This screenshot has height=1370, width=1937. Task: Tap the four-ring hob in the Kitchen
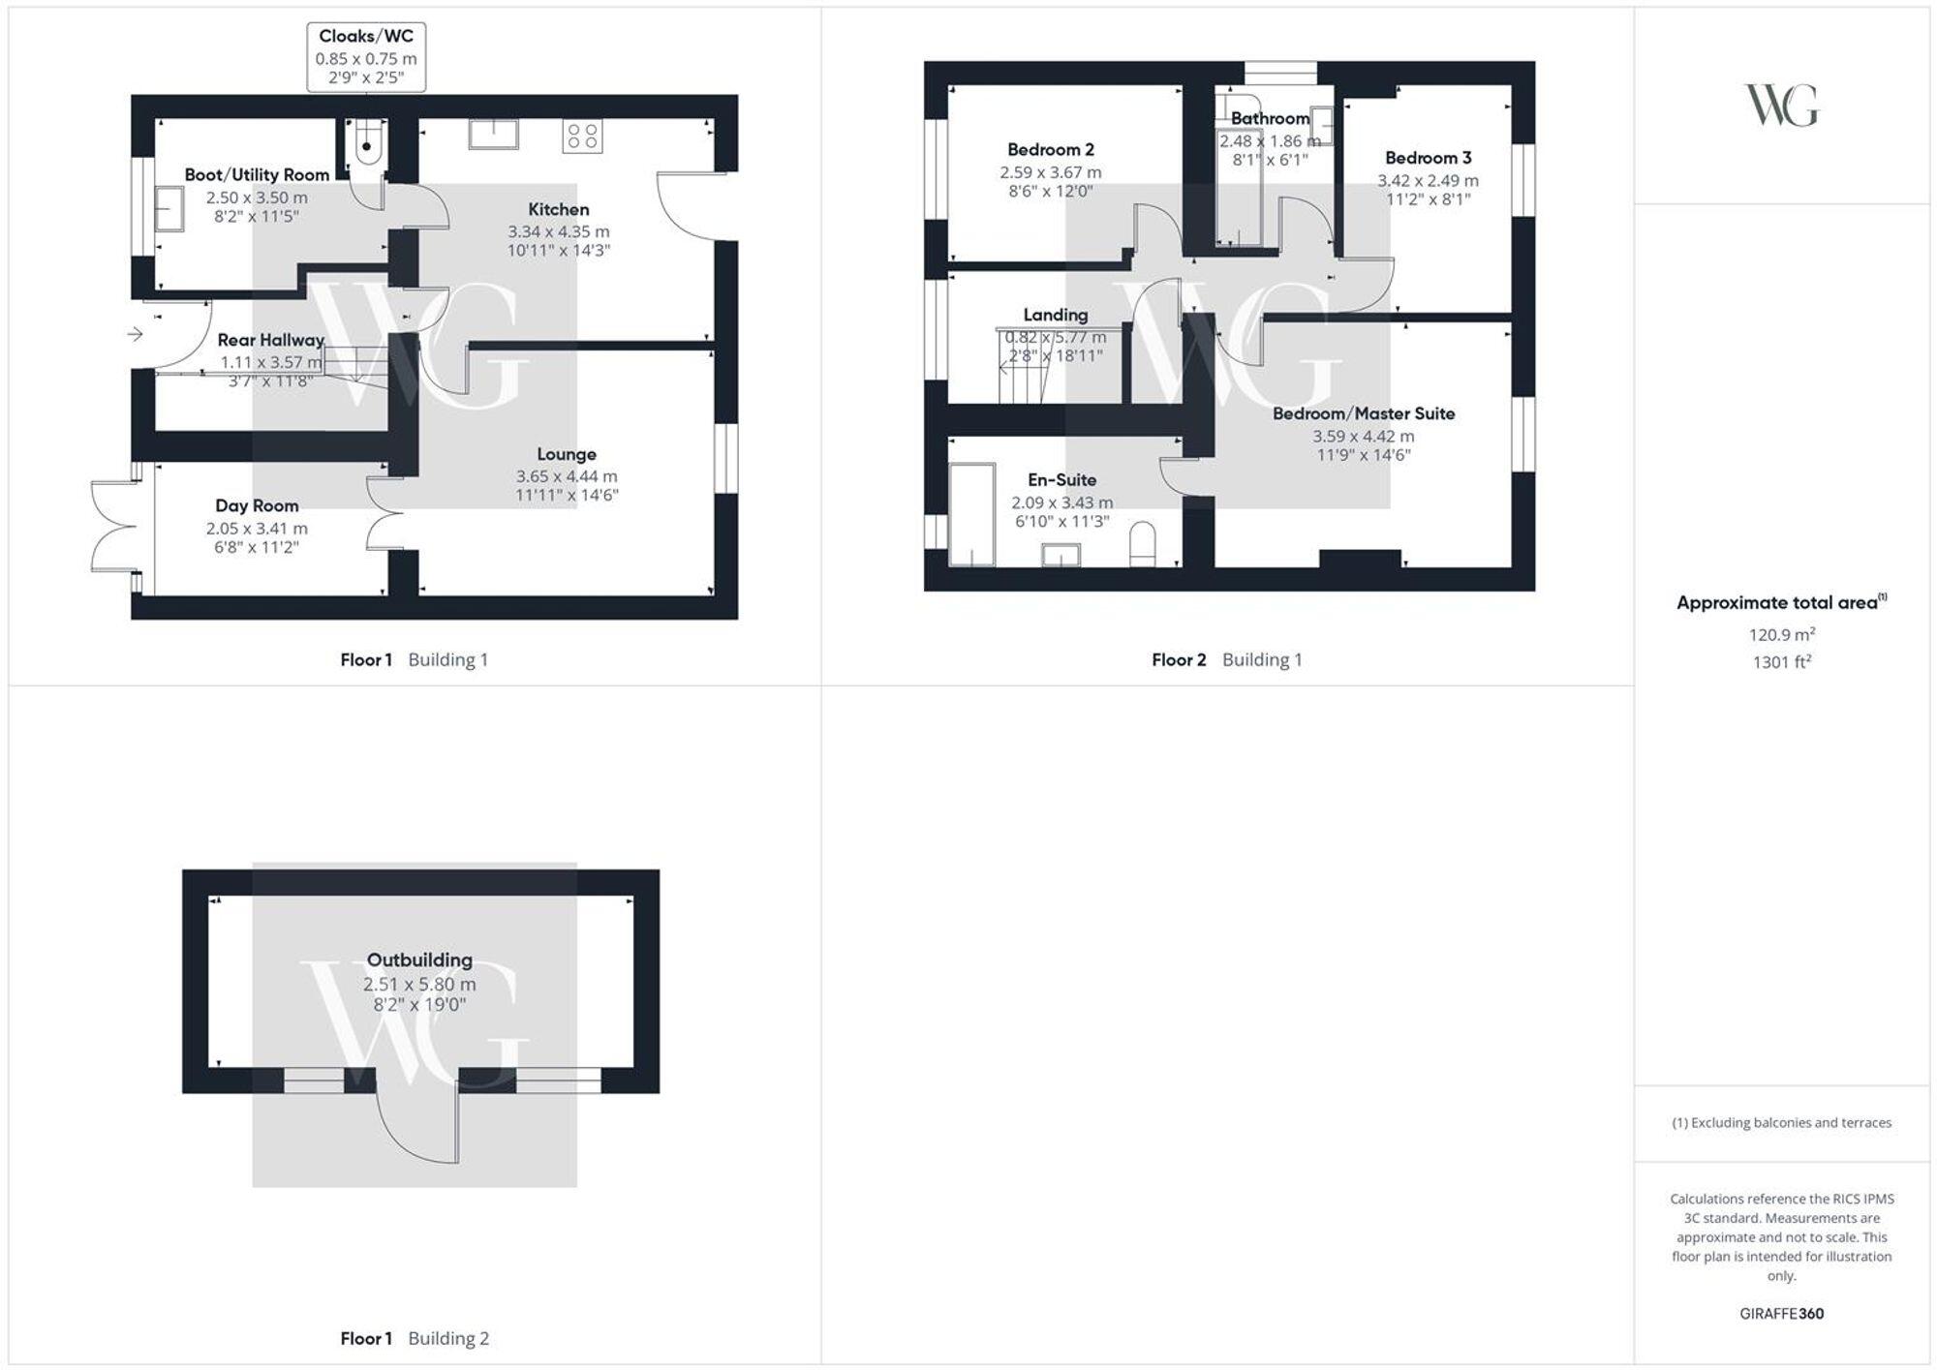[582, 136]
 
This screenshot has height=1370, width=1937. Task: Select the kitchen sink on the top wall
[493, 134]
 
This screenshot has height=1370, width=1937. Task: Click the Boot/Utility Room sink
[169, 209]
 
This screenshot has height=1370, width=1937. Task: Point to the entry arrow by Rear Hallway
[135, 334]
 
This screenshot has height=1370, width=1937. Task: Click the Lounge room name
[567, 454]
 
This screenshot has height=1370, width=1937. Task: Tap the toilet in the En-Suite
[1144, 544]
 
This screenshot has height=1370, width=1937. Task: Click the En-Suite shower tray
[971, 514]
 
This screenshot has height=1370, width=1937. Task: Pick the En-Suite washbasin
[1061, 554]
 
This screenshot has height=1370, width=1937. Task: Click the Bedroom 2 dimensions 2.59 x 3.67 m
[1051, 172]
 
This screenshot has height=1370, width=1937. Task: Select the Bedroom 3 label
[1428, 158]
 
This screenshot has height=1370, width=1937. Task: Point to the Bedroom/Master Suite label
[1363, 413]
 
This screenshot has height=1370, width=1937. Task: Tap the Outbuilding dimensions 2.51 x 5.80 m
[419, 984]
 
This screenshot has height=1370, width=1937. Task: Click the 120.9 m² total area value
[1781, 634]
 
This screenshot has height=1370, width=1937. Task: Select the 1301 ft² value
[1781, 662]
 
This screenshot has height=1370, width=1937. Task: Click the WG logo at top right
[1781, 105]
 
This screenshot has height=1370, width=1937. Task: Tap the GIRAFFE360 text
[1781, 1314]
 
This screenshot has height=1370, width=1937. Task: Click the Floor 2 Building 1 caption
[1226, 660]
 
